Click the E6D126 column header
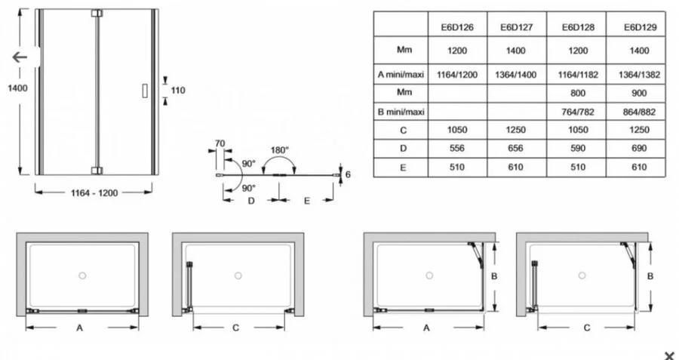tap(457, 27)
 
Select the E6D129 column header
tap(640, 27)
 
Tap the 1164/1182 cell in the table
tap(578, 75)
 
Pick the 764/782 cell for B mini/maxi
tap(578, 112)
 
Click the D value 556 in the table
tap(457, 148)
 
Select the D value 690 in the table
tap(639, 148)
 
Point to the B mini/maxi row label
tap(401, 112)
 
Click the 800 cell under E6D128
tap(578, 93)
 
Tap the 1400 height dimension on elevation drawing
tap(18, 88)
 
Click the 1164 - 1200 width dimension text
tap(94, 193)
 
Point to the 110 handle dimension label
tap(178, 90)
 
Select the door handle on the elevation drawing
tap(145, 91)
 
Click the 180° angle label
tap(280, 150)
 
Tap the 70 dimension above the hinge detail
tap(220, 143)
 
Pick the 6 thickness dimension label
tap(348, 174)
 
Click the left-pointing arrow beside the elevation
tap(20, 57)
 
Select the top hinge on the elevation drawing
tap(97, 14)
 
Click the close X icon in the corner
tap(669, 355)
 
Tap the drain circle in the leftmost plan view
tap(82, 275)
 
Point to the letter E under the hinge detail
tap(307, 201)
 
